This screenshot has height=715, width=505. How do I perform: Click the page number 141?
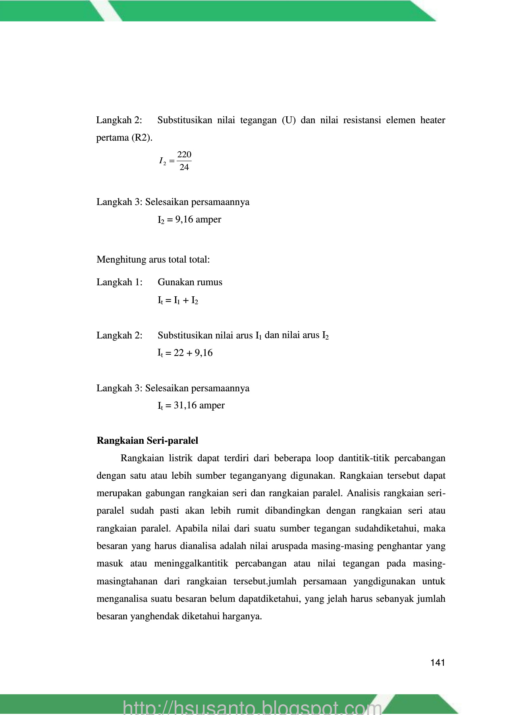coord(438,663)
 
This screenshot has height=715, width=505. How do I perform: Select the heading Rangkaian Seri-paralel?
coord(147,441)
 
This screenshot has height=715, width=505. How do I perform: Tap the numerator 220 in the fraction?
coord(184,155)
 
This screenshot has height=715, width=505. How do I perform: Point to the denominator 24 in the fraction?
coord(184,167)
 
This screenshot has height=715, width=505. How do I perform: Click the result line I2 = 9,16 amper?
coord(189,220)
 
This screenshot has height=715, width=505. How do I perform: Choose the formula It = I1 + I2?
coord(178,300)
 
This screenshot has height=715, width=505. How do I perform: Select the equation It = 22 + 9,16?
coord(185,353)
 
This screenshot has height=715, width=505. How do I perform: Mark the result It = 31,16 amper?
coord(191,406)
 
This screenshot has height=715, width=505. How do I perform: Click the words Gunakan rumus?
coord(190,282)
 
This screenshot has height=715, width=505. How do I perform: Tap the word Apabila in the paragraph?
coord(190,529)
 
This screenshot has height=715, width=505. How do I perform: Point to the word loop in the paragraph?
coord(324,458)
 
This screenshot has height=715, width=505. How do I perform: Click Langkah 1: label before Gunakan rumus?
coord(120,282)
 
